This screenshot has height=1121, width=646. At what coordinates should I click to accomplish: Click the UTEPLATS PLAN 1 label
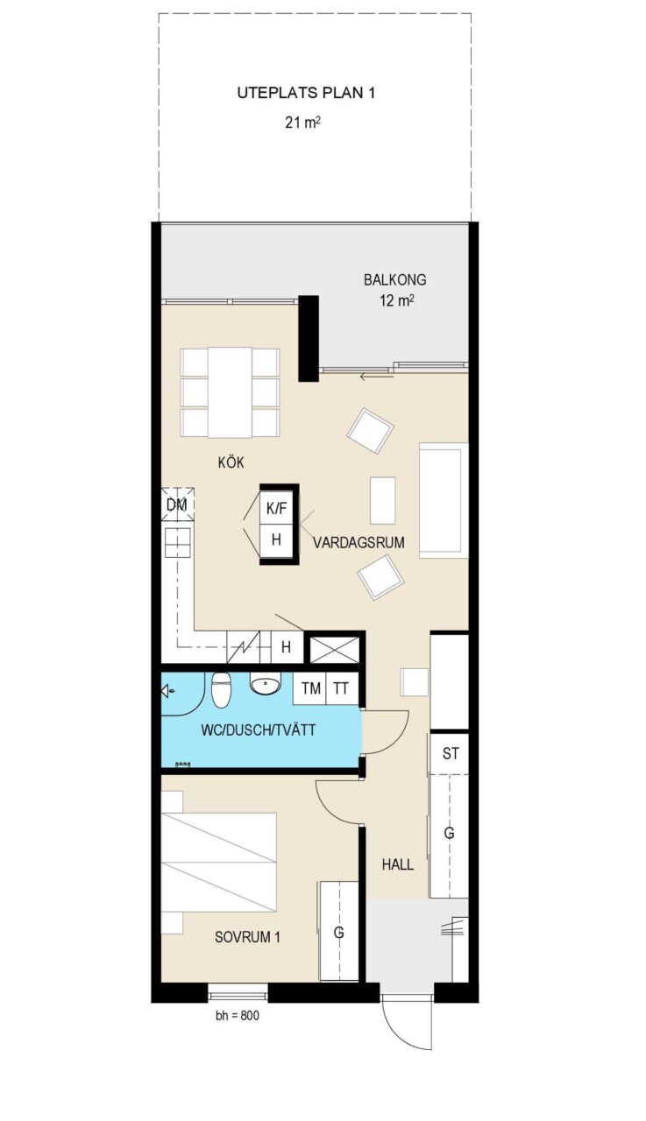click(306, 93)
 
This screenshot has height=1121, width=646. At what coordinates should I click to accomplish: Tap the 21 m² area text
click(303, 122)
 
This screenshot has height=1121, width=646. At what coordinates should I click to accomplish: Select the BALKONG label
click(395, 279)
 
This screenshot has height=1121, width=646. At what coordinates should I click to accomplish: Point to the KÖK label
click(231, 462)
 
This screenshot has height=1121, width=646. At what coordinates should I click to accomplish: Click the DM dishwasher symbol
click(177, 504)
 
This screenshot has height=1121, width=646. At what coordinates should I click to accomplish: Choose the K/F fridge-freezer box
click(276, 509)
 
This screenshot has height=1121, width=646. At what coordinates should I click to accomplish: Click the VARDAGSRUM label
click(358, 542)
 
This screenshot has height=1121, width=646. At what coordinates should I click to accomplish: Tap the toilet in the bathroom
click(220, 689)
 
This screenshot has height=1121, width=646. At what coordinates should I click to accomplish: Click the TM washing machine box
click(310, 688)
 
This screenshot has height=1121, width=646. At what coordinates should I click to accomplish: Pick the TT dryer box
click(342, 688)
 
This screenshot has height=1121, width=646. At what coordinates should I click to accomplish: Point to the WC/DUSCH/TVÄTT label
click(259, 730)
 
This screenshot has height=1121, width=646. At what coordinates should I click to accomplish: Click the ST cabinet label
click(451, 754)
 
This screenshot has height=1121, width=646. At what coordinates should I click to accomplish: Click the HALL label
click(398, 864)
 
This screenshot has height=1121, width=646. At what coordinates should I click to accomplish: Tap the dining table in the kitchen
click(231, 392)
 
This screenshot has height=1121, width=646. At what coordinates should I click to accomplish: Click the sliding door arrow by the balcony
click(374, 377)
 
